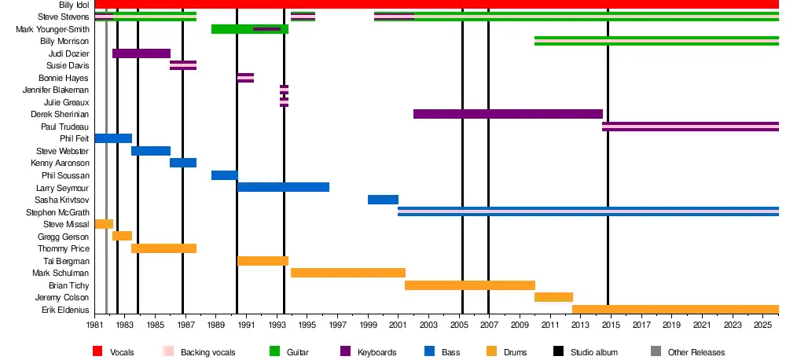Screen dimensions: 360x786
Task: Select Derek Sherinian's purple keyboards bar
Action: [x=508, y=114]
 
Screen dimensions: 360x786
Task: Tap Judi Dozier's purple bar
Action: [x=141, y=53]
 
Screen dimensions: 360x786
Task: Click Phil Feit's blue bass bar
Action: [x=113, y=138]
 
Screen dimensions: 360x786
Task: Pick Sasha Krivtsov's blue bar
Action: [x=383, y=200]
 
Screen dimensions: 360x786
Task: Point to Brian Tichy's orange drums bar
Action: [x=470, y=285]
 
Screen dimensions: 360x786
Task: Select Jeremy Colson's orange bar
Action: [x=553, y=297]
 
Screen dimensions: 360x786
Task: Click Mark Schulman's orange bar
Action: [x=348, y=273]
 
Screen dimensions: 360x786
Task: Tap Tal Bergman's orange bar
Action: [x=263, y=261]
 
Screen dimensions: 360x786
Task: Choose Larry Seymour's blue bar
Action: [x=283, y=187]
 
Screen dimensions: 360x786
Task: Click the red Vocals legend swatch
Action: [x=98, y=351]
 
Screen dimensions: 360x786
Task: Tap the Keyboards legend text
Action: [x=377, y=352]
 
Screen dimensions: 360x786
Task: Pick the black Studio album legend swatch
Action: [x=559, y=351]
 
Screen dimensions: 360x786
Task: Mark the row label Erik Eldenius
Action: [x=65, y=310]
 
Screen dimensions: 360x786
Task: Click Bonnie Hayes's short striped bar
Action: [x=245, y=78]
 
